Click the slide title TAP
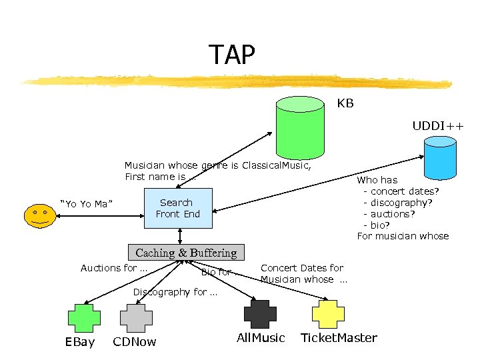[231, 55]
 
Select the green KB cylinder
[300, 127]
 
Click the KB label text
[345, 104]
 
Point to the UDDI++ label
[437, 125]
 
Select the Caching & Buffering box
[186, 253]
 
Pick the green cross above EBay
[83, 317]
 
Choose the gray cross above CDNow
[135, 317]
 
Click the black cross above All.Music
[260, 314]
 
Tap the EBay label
[80, 342]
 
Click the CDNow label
[135, 342]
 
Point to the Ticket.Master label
[339, 338]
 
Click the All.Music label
[261, 338]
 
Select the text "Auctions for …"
[114, 268]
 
